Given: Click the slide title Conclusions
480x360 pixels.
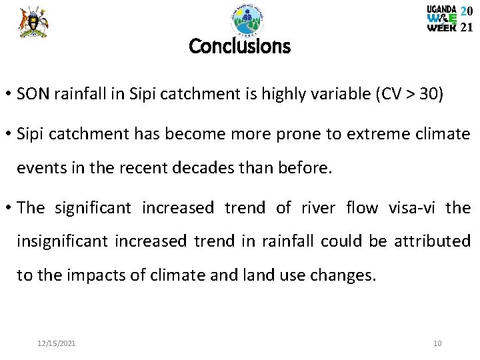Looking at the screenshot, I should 239,47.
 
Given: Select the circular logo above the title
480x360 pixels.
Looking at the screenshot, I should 247,20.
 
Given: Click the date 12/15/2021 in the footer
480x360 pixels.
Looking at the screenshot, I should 57,343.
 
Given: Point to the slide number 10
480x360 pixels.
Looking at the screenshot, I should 437,343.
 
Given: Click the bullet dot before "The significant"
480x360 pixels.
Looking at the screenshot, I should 9,208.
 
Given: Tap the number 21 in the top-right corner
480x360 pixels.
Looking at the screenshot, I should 467,27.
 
